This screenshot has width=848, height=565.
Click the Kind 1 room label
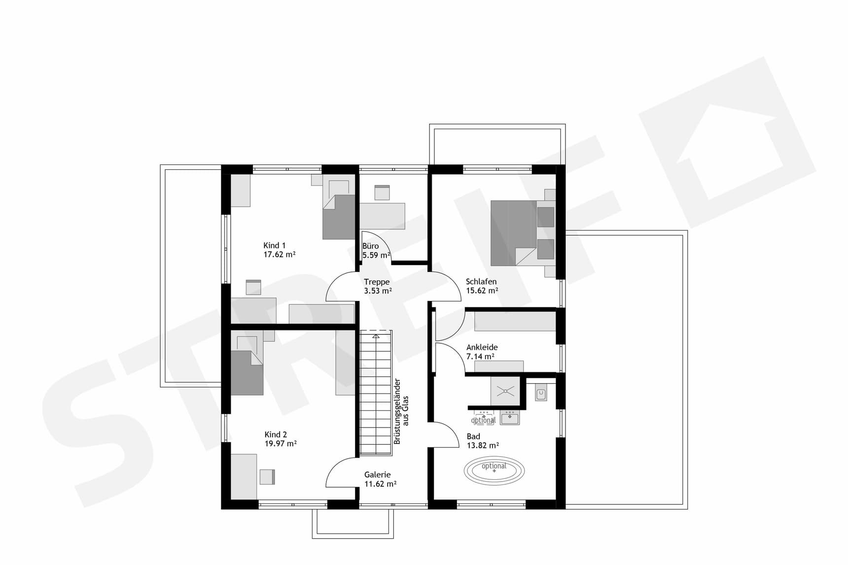[274, 245]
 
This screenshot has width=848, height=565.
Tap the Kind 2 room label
[276, 434]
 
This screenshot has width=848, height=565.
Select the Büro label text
[370, 246]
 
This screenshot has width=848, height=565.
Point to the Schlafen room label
[481, 282]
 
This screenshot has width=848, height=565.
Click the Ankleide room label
[482, 347]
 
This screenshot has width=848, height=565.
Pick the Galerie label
[377, 475]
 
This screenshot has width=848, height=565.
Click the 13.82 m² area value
[483, 445]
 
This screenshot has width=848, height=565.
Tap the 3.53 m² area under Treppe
[378, 291]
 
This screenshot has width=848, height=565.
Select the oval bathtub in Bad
[494, 470]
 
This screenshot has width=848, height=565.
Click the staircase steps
[376, 392]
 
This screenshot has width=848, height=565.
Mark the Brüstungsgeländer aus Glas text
[401, 411]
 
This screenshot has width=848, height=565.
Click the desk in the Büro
[382, 216]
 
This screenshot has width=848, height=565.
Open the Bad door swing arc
[445, 434]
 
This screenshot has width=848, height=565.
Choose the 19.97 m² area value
[281, 443]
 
